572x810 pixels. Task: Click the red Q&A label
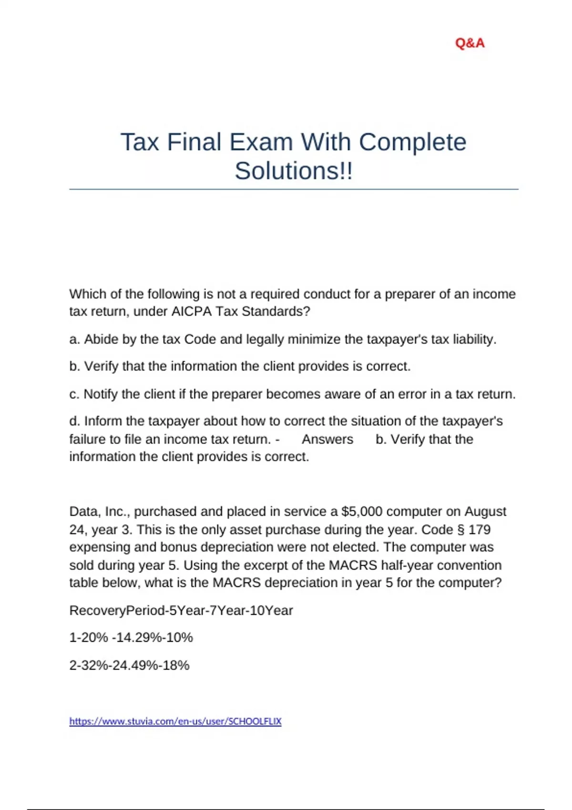(x=470, y=43)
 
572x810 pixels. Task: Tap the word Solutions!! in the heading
(x=294, y=171)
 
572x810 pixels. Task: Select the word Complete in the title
(x=412, y=142)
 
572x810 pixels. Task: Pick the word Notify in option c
(x=101, y=395)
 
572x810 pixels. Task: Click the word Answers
(x=327, y=439)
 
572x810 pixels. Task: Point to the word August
(x=485, y=512)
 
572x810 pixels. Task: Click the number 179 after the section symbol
(x=480, y=530)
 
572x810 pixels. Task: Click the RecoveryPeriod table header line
(x=181, y=610)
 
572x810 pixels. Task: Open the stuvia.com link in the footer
(x=175, y=721)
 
